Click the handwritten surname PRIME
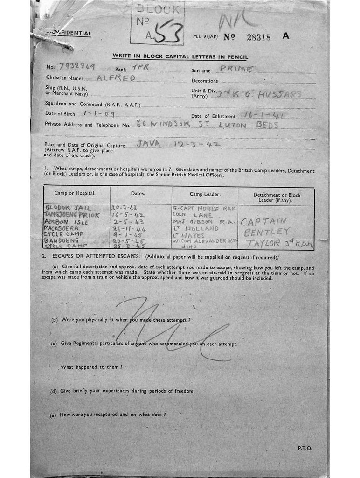point(237,69)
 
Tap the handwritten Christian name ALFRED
point(116,78)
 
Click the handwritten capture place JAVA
point(148,144)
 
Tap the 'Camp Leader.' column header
point(205,193)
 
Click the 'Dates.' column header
point(140,193)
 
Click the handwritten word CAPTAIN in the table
point(263,222)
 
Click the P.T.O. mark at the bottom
point(304,448)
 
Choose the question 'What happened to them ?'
point(91,367)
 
